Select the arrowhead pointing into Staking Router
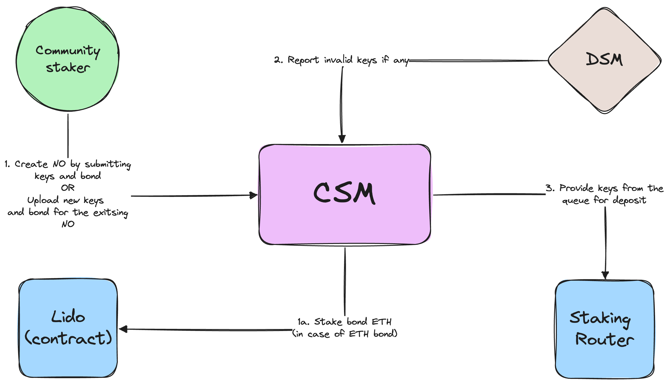coord(605,275)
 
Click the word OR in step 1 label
coord(68,188)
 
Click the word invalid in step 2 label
coord(338,60)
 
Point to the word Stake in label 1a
coord(328,321)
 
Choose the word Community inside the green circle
coord(68,51)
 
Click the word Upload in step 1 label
coord(43,200)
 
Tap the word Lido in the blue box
coord(68,317)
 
